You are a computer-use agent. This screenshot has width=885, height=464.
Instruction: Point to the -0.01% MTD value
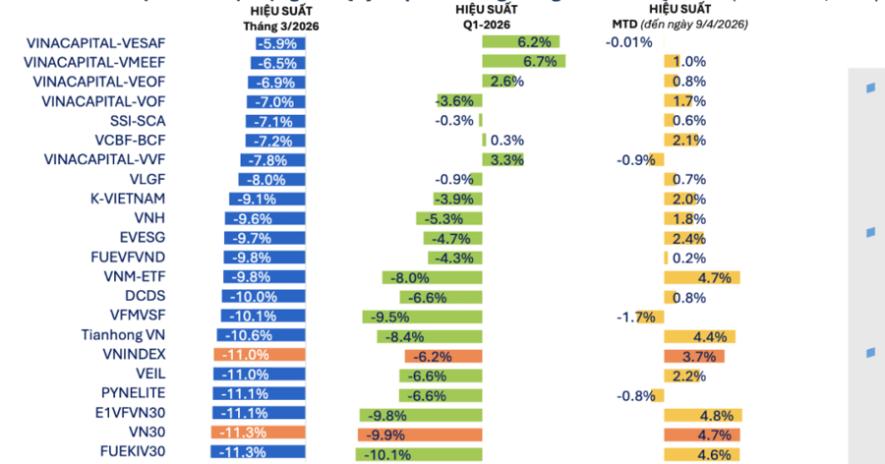tap(629, 42)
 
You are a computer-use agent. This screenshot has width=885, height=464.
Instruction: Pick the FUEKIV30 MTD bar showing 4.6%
tap(702, 453)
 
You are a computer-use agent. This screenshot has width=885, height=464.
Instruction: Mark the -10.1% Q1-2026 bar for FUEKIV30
tap(419, 453)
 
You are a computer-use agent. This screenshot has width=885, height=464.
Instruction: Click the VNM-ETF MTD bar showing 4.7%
tap(702, 277)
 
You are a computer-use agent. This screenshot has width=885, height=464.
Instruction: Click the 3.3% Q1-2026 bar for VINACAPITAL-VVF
tap(502, 159)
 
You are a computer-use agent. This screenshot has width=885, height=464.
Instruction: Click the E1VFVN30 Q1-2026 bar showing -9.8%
tap(421, 414)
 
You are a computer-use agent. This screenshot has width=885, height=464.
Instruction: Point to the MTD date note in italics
tap(694, 24)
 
